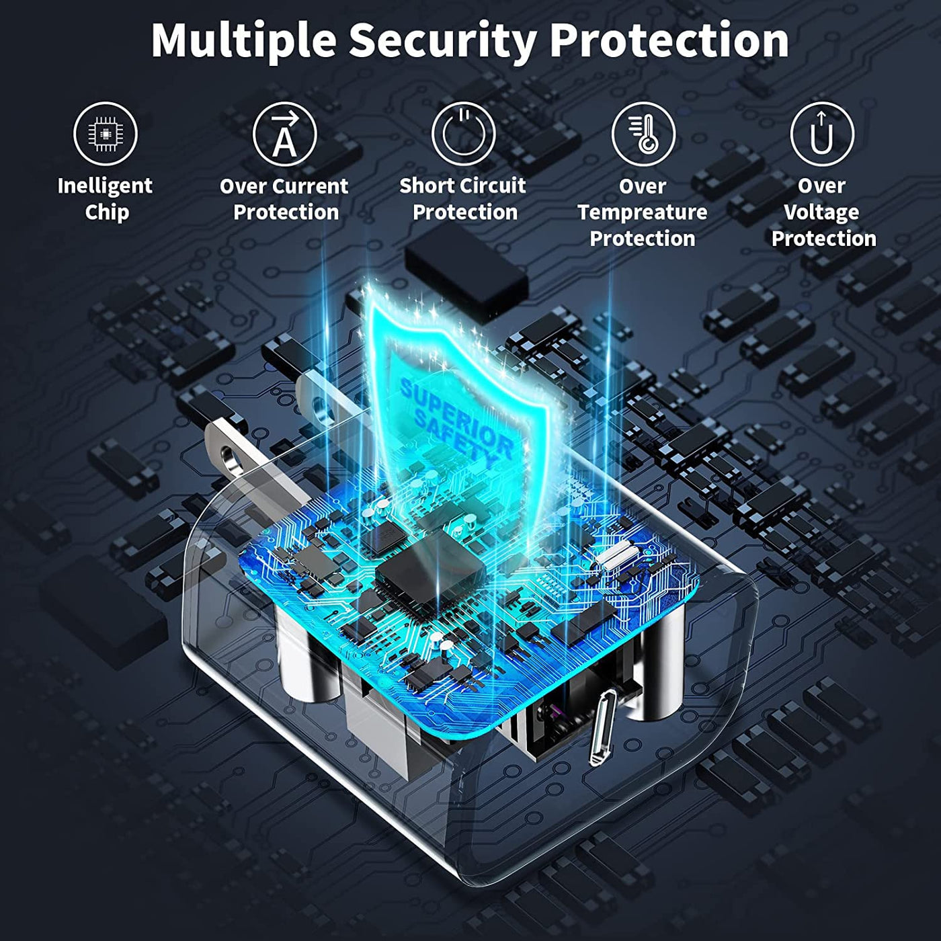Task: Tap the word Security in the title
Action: click(442, 42)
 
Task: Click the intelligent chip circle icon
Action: click(106, 134)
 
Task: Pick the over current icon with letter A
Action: click(285, 134)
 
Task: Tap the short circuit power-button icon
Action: click(464, 134)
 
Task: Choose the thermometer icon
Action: click(643, 134)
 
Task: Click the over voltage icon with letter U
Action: click(822, 134)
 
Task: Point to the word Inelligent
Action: click(105, 187)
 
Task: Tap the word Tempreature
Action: click(643, 213)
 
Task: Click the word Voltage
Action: click(822, 213)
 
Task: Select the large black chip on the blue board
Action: click(429, 574)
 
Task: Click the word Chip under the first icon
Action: click(107, 213)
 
